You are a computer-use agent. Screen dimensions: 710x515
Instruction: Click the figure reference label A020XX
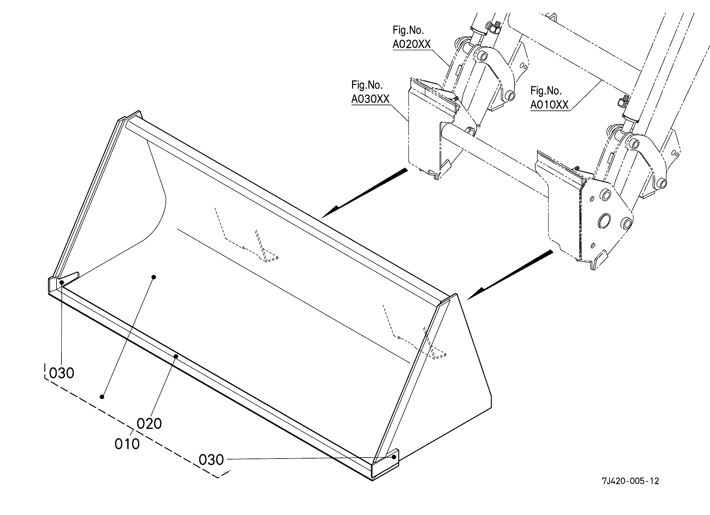click(412, 44)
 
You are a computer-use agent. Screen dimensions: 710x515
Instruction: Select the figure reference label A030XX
click(370, 99)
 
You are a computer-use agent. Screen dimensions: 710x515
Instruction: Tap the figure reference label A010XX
click(549, 105)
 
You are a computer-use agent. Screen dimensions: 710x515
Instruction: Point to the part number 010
click(127, 444)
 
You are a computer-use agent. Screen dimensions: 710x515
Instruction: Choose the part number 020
click(149, 424)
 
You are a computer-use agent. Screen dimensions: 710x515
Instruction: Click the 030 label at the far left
click(62, 373)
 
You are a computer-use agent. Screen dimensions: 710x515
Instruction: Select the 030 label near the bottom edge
click(211, 460)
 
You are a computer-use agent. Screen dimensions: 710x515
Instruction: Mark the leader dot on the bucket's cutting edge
click(176, 356)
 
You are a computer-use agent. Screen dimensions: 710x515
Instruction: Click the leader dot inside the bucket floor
click(154, 277)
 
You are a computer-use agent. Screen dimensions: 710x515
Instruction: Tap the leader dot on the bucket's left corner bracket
click(62, 282)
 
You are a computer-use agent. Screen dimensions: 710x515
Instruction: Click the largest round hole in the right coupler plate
click(604, 221)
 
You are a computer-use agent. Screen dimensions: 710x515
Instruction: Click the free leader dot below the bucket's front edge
click(102, 397)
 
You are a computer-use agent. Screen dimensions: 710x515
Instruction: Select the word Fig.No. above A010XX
click(546, 91)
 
